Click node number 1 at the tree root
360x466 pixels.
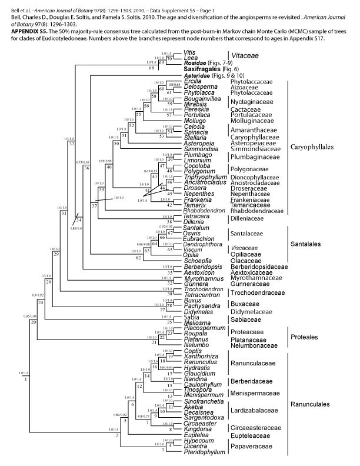[26, 395]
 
